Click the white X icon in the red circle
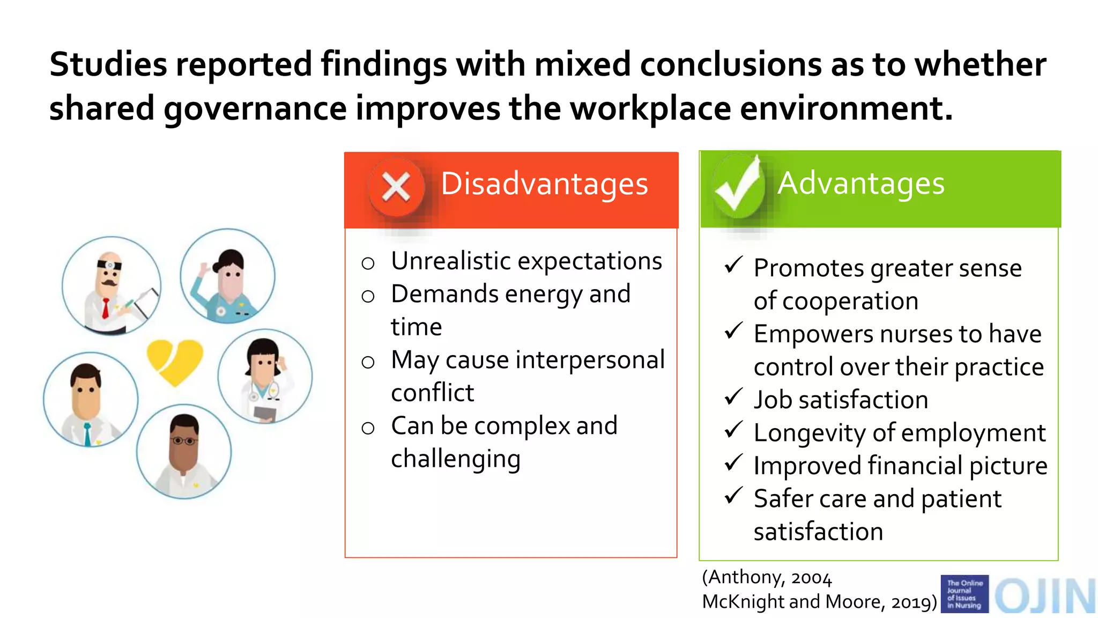396,188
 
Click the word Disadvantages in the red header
544,184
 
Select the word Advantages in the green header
861,183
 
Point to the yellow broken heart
175,362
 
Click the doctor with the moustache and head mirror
111,286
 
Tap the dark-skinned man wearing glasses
184,452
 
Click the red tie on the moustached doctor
106,309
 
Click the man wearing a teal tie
90,400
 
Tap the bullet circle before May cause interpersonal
368,362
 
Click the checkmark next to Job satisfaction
733,397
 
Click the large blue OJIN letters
1044,595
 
